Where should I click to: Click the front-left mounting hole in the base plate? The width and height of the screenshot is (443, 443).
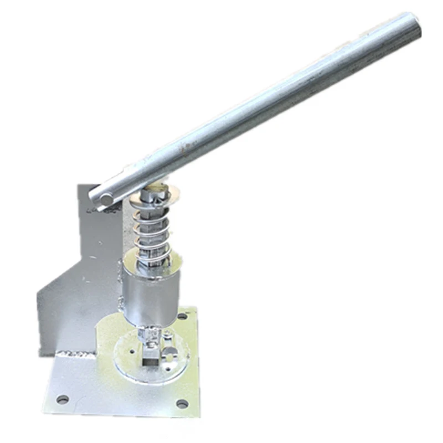62,398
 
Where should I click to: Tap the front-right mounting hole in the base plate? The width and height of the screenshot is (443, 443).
181,403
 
